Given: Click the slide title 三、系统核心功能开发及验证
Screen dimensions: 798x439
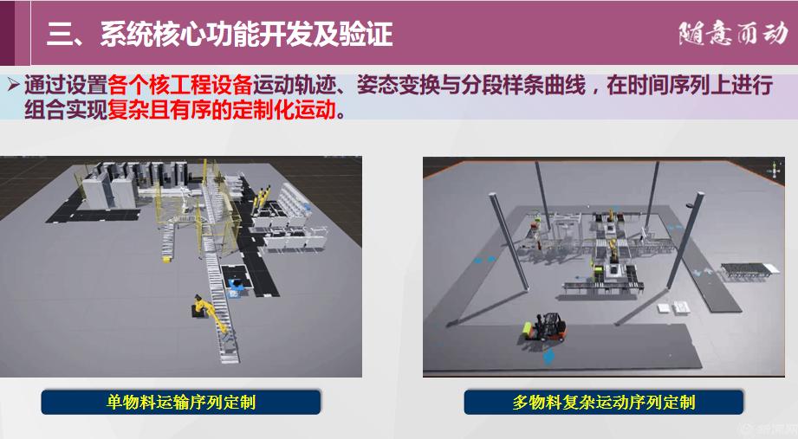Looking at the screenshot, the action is pyautogui.click(x=219, y=35).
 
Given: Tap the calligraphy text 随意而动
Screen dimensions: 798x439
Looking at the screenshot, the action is pyautogui.click(x=733, y=34).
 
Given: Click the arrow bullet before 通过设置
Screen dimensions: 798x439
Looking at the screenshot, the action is pyautogui.click(x=14, y=84).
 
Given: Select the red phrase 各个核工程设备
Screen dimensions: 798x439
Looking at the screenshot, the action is pyautogui.click(x=179, y=86).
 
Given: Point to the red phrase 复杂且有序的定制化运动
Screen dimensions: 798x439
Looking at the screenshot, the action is pyautogui.click(x=222, y=109).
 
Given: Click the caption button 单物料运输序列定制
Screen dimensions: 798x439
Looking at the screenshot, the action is pyautogui.click(x=181, y=403).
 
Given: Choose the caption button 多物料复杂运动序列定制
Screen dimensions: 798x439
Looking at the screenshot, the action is pyautogui.click(x=604, y=403).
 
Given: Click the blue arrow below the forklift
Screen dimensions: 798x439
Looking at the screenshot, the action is pyautogui.click(x=548, y=356).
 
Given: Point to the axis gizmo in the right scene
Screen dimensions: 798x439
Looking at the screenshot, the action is pyautogui.click(x=775, y=171).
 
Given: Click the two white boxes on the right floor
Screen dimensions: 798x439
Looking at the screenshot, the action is pyautogui.click(x=674, y=307).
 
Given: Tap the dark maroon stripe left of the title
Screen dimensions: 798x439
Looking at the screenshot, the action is pyautogui.click(x=7, y=33).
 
